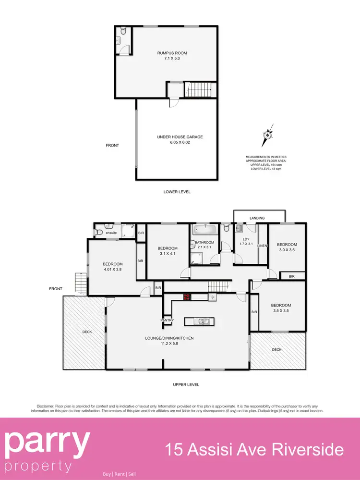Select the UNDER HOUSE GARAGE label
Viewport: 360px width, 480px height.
(x=180, y=137)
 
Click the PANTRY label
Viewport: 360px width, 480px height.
(x=167, y=320)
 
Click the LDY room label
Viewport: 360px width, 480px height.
(x=246, y=238)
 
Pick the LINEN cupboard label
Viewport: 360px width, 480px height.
(x=262, y=246)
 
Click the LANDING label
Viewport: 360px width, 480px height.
(x=257, y=218)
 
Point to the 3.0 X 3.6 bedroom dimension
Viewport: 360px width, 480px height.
(x=287, y=250)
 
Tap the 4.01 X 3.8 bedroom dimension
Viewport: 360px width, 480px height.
(x=113, y=270)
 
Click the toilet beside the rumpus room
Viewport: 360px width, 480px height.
(x=123, y=32)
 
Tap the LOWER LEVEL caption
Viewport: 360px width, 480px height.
(x=177, y=192)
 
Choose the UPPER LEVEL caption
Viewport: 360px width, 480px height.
(x=186, y=384)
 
